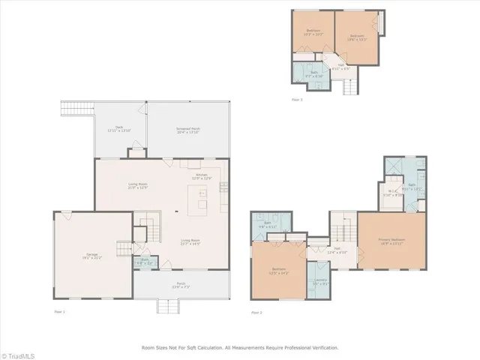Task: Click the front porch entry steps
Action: coord(169,306)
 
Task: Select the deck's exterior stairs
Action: coord(75,108)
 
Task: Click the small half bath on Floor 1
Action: coord(144,262)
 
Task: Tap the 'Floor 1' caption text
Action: coord(60,310)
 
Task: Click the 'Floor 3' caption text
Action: coord(297,99)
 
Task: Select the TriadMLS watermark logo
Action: coord(22,353)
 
